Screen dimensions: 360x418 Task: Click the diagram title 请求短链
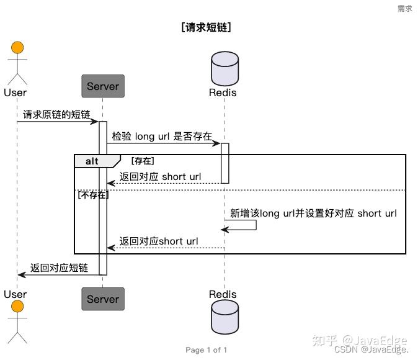(207, 28)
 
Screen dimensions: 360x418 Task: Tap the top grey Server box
(103, 86)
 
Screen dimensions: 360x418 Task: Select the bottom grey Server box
(103, 299)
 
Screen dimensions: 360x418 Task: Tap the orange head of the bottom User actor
(17, 306)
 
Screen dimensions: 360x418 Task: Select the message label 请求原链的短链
(56, 114)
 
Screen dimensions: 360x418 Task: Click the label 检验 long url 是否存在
(162, 136)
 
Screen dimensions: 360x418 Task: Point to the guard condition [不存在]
(92, 195)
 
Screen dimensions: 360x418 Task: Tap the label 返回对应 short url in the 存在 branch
(161, 177)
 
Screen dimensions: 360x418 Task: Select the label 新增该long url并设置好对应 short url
(313, 213)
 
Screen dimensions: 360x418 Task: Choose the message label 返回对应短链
(59, 268)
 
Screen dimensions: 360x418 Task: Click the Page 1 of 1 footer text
(207, 350)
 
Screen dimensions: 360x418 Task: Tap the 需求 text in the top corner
(404, 9)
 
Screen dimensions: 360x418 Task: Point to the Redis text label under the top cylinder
(223, 93)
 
